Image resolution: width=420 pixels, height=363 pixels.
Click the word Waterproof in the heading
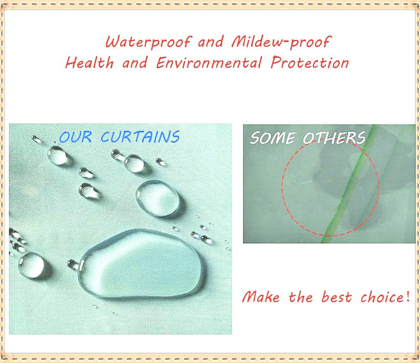coord(149,43)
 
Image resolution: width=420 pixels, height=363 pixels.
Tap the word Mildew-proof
coord(281,43)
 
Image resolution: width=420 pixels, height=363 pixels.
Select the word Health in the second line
coord(90,63)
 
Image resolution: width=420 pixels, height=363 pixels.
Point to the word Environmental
coord(209,63)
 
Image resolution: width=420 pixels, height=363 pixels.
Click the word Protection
coord(310,63)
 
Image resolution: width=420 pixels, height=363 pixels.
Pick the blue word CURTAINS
coord(140,137)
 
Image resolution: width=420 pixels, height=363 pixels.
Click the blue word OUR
coord(76,137)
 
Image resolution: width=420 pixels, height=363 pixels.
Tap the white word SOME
coord(273,138)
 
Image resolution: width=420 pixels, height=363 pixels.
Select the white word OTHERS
coord(334,138)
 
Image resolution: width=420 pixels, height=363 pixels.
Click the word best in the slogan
coord(337,297)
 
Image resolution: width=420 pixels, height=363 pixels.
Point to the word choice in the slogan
coord(383,297)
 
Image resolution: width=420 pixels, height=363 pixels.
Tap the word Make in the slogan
coord(261,297)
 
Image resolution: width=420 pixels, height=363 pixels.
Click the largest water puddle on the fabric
coord(142,264)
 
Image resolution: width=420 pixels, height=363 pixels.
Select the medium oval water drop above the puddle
coord(158,198)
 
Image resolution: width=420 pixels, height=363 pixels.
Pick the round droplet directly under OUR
coord(58,155)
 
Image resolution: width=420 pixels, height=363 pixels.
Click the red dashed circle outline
coord(282,188)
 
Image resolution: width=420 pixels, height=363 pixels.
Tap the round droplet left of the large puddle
coord(31,265)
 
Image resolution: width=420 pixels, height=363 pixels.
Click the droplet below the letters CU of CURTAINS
coord(134,163)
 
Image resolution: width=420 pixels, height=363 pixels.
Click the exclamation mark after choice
coord(408,296)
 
